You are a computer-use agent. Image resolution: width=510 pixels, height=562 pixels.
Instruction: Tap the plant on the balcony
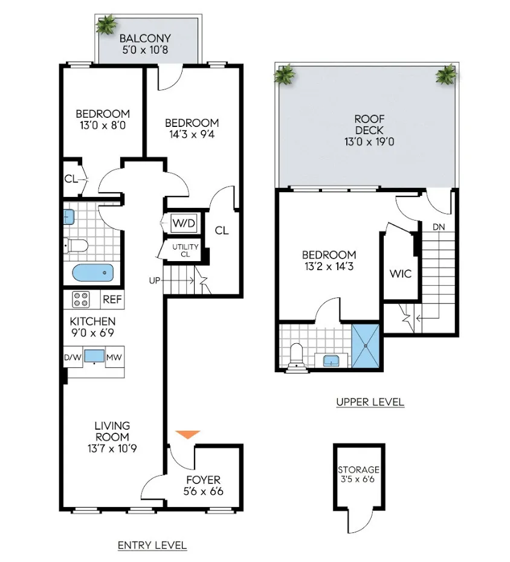coord(106,25)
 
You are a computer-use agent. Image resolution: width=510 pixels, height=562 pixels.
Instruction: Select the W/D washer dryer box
coord(184,224)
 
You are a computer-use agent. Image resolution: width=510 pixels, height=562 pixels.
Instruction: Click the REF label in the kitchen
coord(111,299)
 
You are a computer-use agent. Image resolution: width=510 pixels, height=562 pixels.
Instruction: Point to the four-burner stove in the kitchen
coord(81,299)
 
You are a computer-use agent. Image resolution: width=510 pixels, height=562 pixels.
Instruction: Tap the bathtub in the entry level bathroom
coord(94,274)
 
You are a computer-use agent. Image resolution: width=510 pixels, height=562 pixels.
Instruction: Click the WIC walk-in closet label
coord(400,274)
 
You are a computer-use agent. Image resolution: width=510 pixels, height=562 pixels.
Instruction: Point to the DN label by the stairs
coord(439,227)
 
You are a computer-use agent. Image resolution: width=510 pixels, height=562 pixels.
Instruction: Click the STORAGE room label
coord(359,470)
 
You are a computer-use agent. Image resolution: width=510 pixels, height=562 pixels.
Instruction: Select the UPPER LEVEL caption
coord(370,402)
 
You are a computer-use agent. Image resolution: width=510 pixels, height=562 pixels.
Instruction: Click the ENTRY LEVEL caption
coord(152,545)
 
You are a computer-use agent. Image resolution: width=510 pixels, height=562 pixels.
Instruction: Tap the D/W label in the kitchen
coord(72,358)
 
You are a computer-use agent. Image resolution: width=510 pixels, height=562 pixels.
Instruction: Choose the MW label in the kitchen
coord(114,358)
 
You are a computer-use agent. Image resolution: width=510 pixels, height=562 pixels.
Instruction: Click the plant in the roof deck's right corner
coord(447,75)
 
